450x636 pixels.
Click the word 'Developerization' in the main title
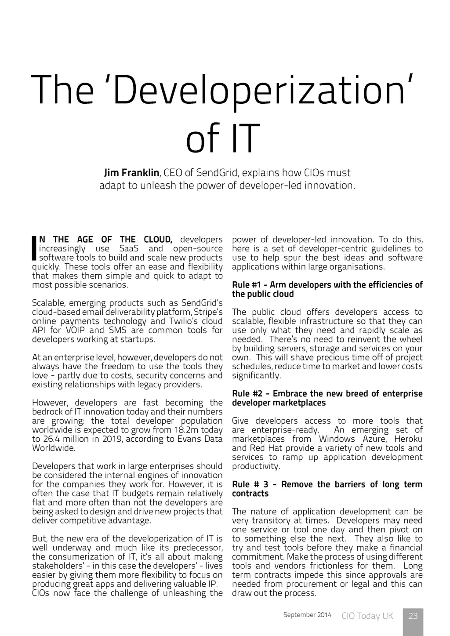coord(259,91)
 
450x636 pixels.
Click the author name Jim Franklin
coord(131,172)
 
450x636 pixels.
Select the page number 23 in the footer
coord(413,616)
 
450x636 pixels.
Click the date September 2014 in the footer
coord(308,615)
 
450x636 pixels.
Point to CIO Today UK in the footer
coord(367,616)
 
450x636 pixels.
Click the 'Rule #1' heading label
coord(247,285)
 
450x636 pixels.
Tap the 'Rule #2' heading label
coord(247,393)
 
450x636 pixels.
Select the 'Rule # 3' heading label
coord(250,484)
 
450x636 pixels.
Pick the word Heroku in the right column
coord(408,439)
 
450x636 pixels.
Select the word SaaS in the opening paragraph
coord(129,248)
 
